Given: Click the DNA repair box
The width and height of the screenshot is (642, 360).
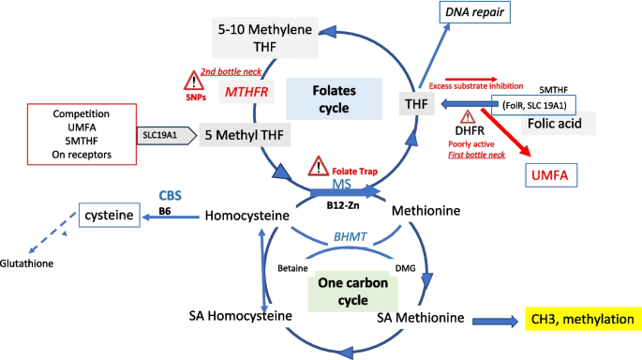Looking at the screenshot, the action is (474, 12).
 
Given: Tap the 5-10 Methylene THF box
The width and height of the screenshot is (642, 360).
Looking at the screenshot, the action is (265, 37).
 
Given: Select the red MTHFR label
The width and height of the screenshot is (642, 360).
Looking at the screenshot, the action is (246, 92).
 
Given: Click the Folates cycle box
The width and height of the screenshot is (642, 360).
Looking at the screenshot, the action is (334, 99).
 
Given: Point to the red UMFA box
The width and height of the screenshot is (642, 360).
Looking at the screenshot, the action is (551, 175).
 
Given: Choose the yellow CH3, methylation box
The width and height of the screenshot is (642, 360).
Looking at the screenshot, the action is (583, 319).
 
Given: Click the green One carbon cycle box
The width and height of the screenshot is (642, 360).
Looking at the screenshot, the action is (352, 292).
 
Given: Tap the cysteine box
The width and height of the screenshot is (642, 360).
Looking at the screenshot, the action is (110, 215).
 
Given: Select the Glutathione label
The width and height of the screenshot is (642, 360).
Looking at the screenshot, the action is (26, 263).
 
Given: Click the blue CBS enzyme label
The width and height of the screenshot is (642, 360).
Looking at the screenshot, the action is (170, 195).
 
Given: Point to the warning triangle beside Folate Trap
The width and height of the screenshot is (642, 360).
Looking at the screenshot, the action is (318, 166).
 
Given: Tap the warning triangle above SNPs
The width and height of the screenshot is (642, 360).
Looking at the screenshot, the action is (194, 81).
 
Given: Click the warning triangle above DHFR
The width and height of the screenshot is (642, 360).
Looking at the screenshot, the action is (468, 117).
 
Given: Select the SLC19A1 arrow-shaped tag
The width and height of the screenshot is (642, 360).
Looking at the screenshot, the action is (167, 136).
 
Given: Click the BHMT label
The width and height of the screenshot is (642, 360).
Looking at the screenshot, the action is (351, 237).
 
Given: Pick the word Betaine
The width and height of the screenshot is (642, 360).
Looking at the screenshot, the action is (292, 268).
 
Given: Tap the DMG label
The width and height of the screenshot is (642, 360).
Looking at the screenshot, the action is (405, 268).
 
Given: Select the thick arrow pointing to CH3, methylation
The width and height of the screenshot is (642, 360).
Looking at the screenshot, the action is (496, 321).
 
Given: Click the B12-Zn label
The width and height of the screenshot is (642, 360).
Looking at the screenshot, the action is (343, 205).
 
